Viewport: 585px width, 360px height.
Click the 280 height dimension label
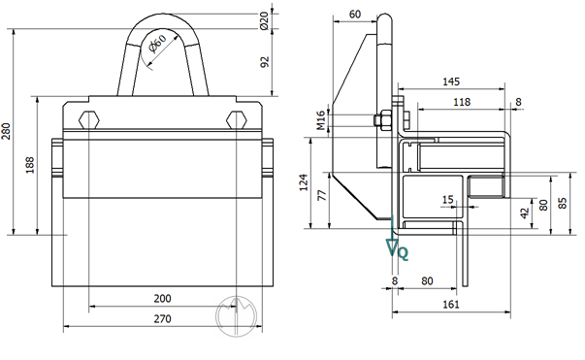coord(7,131)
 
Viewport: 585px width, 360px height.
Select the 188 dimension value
coord(30,165)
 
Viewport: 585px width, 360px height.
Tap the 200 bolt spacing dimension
coord(163,299)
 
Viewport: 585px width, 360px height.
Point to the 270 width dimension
coord(163,318)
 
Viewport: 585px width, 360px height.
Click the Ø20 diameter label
coord(264,20)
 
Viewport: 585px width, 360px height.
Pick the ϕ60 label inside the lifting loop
coord(157,44)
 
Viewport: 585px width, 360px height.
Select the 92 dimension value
coord(264,62)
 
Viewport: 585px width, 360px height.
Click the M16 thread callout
coord(321,120)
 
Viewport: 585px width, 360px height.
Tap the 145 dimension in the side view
coord(451,82)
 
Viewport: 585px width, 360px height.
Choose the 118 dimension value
coord(462,102)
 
